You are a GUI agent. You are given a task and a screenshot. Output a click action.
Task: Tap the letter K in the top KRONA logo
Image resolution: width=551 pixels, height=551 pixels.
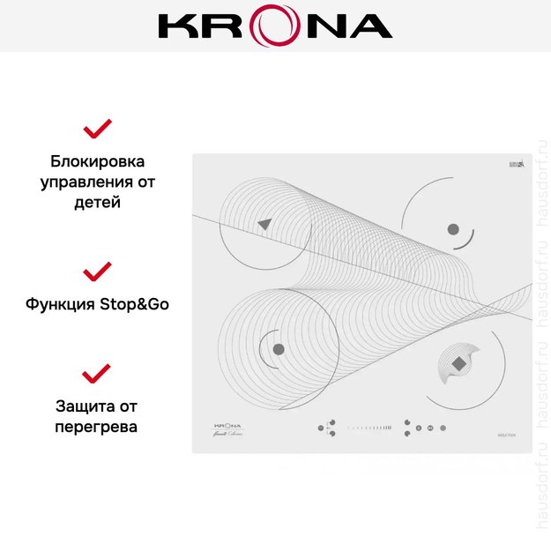coord(177,26)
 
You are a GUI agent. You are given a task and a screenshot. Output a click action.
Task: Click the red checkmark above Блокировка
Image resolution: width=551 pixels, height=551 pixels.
coord(97,129)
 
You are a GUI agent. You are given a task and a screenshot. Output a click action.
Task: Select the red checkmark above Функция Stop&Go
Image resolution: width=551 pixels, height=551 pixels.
coord(97,270)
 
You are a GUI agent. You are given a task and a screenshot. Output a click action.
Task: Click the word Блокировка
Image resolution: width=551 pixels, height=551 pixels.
coord(97,162)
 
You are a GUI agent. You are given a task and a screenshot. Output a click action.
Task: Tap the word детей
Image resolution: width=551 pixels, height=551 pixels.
coord(97,202)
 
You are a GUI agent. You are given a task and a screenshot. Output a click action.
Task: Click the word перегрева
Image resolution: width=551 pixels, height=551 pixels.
coord(97,427)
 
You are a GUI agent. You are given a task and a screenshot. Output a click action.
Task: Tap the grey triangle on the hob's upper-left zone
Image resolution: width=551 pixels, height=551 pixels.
coord(264,225)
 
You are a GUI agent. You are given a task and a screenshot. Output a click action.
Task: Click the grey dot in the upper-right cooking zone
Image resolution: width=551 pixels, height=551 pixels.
coord(453,229)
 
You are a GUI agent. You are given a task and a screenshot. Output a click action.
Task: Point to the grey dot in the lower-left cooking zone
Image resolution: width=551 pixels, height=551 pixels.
coord(279,349)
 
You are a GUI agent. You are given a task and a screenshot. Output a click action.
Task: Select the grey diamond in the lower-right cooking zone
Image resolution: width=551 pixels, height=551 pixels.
coord(458,362)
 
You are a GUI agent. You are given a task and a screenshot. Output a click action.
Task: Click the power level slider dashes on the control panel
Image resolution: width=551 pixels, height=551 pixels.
coord(369,428)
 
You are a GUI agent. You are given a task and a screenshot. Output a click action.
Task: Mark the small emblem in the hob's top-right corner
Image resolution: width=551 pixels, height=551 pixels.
coord(517,164)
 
